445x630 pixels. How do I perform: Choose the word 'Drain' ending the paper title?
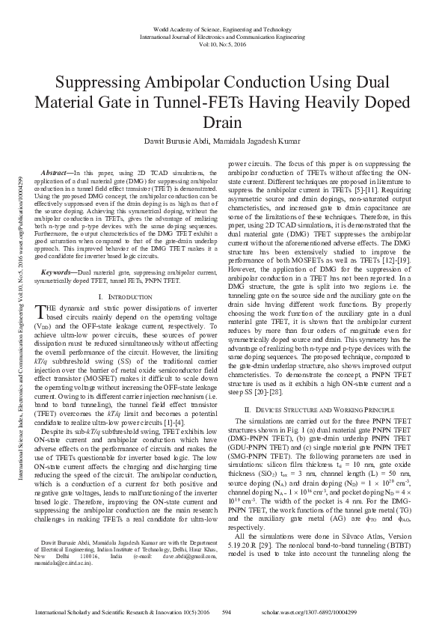coord(222,122)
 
